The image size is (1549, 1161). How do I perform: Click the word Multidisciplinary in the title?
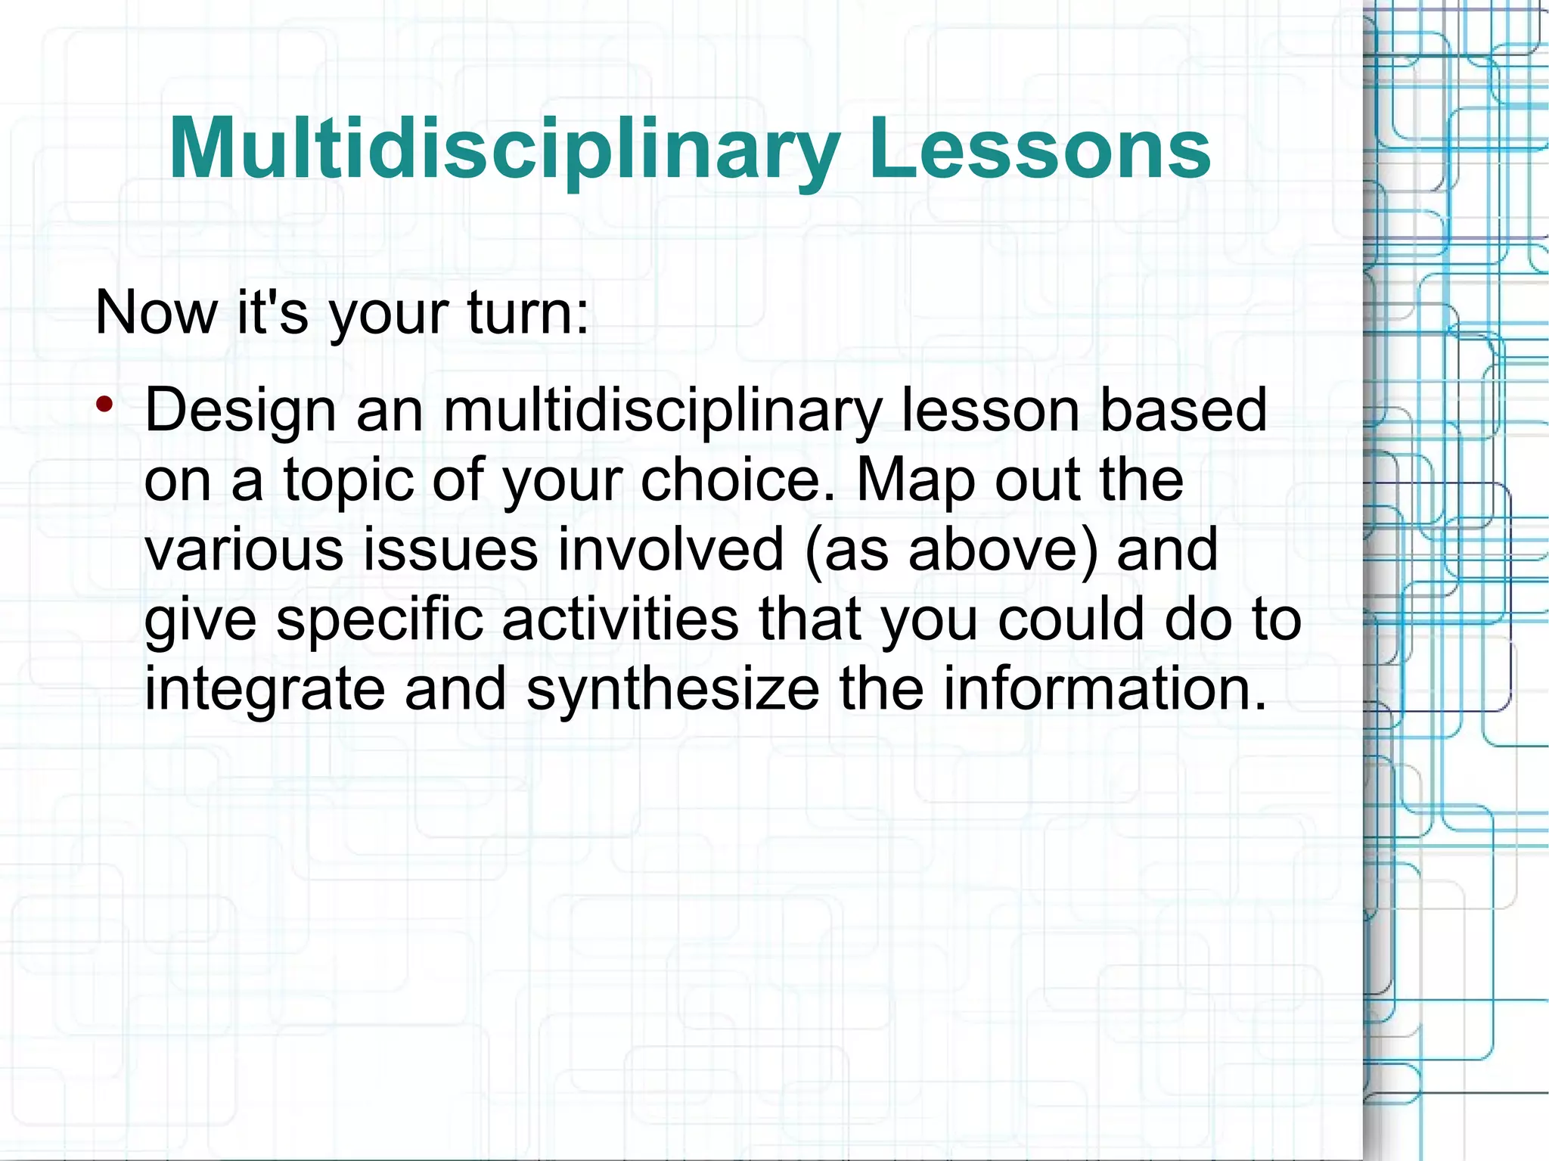504,149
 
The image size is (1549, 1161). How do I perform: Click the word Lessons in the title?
1039,149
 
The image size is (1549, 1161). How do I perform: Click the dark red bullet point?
104,403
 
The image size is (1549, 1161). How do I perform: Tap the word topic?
349,481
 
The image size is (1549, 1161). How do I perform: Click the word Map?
915,481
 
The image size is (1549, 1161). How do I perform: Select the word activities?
620,619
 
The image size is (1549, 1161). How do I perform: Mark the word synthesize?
672,690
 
